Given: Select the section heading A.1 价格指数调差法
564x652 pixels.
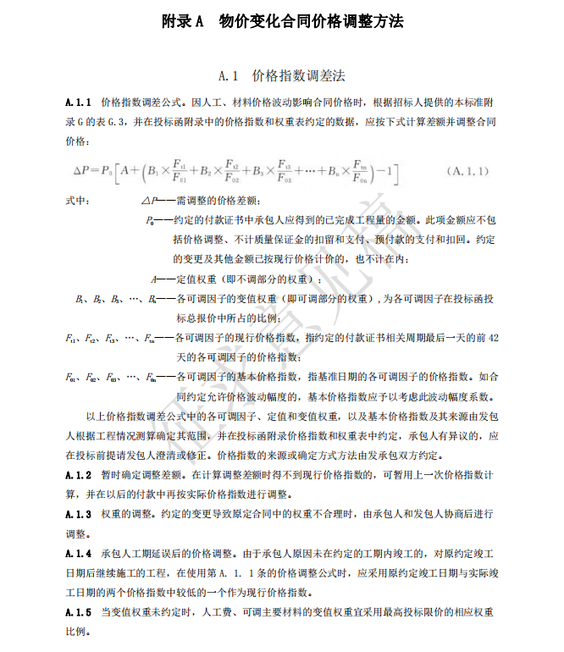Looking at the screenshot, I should (281, 75).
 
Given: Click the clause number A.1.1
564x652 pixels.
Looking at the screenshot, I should (78, 102).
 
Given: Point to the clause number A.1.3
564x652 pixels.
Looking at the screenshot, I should (78, 515).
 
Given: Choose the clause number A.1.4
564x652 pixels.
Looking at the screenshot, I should (78, 554).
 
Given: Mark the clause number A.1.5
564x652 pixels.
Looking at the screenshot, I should (78, 612).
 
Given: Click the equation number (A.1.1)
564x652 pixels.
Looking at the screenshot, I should (467, 171).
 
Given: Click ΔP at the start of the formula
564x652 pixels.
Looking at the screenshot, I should (86, 171).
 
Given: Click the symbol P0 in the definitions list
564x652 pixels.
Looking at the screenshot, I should (151, 219).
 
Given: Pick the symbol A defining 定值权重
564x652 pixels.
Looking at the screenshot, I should (153, 278).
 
